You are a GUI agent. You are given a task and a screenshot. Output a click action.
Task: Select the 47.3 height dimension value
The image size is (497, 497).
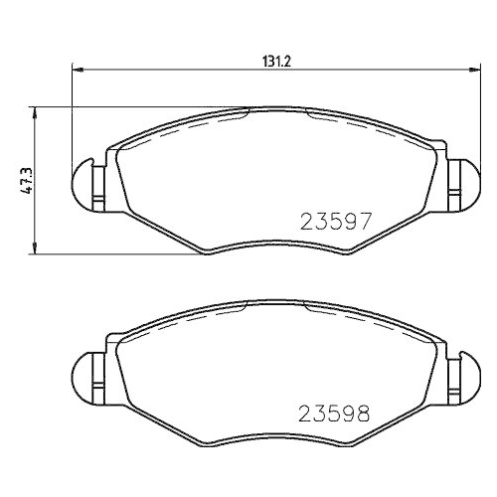27,179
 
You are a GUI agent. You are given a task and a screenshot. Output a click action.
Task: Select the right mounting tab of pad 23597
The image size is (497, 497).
457,185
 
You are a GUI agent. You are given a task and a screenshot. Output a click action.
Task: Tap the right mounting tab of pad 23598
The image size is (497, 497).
457,375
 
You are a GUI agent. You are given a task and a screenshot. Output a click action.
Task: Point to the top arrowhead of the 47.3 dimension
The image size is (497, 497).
37,108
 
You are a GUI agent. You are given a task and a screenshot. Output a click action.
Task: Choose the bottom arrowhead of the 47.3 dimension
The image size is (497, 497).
37,249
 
